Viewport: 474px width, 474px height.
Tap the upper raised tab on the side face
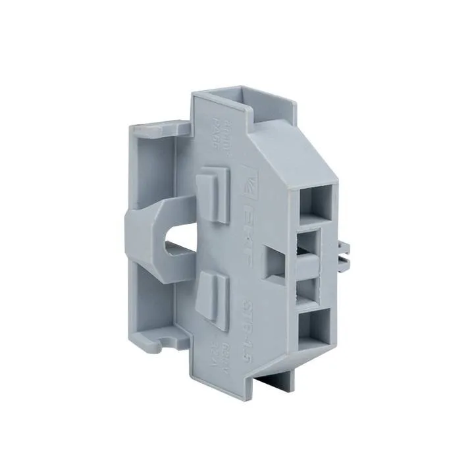click(x=213, y=190)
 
